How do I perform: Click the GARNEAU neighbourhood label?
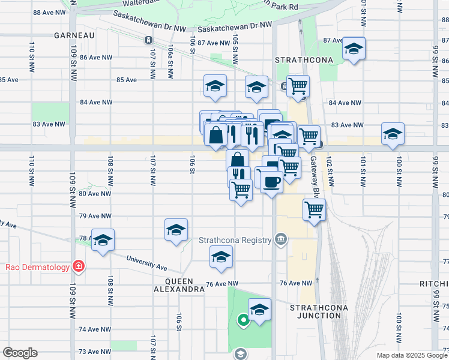75,35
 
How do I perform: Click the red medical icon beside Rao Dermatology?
78,266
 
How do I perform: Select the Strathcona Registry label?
235,241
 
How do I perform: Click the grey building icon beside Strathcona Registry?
280,240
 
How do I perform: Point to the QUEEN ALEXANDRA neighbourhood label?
182,285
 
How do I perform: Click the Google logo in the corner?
20,353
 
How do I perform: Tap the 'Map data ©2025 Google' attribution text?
411,355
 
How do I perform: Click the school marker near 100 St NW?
393,134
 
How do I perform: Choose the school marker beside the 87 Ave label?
354,49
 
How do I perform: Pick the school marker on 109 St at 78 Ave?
103,240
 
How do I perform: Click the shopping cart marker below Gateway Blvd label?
315,210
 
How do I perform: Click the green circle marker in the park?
243,320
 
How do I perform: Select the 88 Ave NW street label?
48,13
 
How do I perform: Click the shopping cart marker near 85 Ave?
298,86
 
